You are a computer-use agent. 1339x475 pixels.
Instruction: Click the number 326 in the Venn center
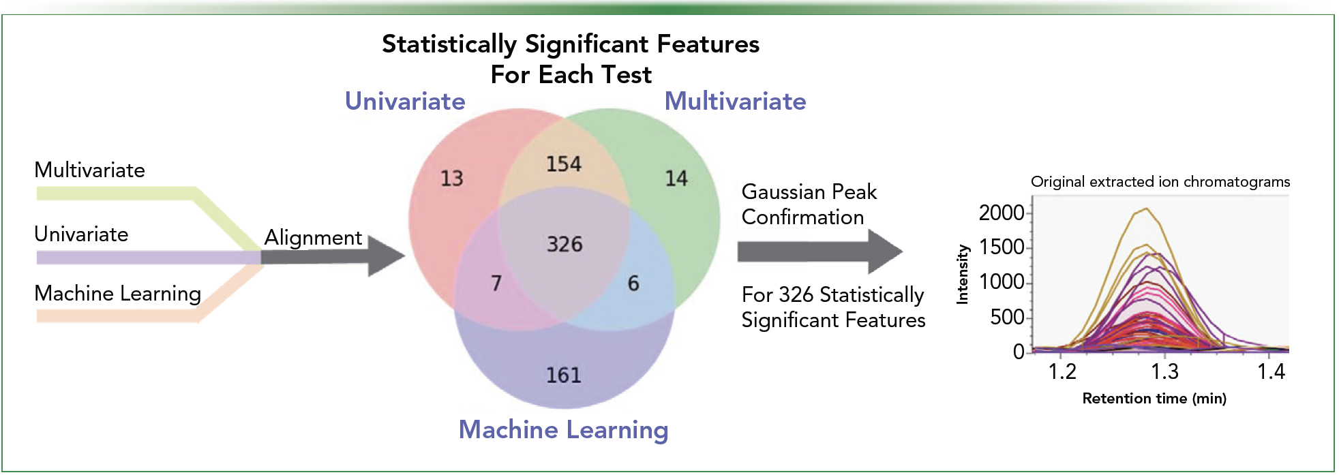[565, 244]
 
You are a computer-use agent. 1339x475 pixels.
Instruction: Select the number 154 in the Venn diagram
[564, 164]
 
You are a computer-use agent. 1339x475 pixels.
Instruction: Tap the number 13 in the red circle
[451, 179]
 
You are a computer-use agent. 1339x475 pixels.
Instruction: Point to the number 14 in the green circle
[676, 179]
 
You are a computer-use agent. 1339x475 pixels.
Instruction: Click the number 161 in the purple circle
[564, 375]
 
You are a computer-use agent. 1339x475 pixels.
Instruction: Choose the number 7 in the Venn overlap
[496, 283]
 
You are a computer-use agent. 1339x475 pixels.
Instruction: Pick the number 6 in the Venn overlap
[633, 283]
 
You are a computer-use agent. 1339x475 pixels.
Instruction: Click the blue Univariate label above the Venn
[405, 102]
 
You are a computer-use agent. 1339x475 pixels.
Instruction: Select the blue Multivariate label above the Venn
[735, 102]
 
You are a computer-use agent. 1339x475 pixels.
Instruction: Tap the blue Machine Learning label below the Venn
[563, 430]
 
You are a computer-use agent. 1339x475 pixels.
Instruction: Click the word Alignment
[313, 238]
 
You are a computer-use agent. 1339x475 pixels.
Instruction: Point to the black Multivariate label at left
[89, 170]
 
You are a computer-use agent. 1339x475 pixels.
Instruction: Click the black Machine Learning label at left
[117, 294]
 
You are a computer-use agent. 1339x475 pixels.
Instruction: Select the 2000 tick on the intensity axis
[1001, 213]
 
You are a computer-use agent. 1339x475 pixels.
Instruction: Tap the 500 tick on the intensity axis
[1007, 317]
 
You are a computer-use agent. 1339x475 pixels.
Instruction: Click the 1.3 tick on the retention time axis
[1164, 371]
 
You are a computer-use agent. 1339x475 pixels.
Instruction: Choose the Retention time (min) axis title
[1154, 399]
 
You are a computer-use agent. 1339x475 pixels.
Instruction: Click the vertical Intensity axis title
[963, 274]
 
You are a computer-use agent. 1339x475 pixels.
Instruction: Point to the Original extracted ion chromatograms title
[1160, 182]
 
